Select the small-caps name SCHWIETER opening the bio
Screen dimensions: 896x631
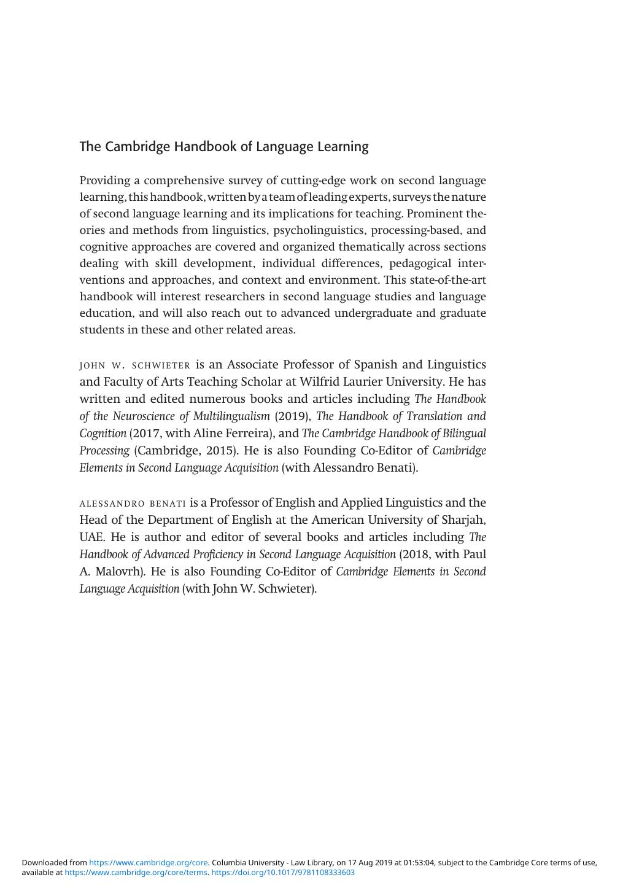(161, 365)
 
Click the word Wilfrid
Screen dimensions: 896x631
(319, 382)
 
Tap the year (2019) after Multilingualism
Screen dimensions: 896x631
(292, 416)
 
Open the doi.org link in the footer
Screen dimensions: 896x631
(283, 872)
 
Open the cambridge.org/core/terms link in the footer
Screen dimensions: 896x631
(136, 872)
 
